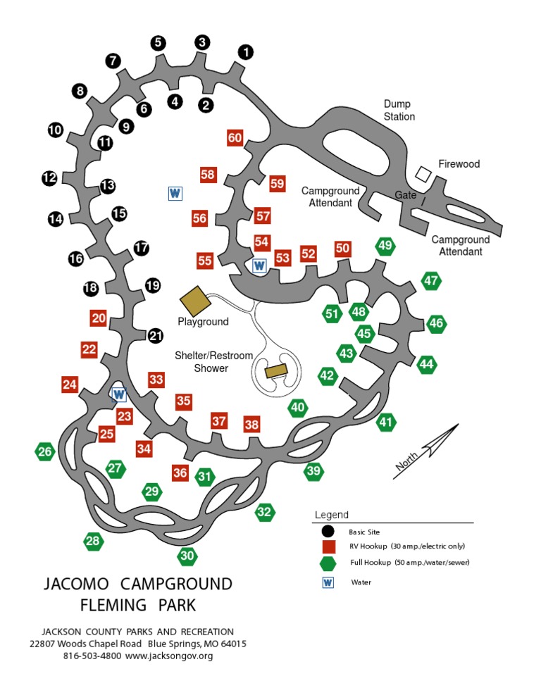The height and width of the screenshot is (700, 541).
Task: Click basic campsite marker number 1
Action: point(245,52)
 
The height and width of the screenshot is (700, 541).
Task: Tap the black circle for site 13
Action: point(107,187)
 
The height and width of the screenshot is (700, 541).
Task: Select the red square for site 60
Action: point(235,138)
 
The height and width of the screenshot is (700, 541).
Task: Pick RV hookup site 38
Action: point(251,425)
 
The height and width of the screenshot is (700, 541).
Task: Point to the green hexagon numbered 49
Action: point(385,246)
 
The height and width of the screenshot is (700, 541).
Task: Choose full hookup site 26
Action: point(45,452)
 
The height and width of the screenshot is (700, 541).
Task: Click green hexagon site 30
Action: point(187,556)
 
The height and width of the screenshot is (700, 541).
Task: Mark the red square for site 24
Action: point(69,385)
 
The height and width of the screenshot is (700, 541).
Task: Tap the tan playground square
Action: point(195,301)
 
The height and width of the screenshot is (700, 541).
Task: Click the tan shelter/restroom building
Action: point(276,370)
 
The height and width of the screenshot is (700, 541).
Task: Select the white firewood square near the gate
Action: point(423,173)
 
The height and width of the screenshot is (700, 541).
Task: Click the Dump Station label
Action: point(399,111)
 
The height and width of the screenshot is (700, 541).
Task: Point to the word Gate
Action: point(405,195)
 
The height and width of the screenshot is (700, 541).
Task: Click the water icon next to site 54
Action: point(259,265)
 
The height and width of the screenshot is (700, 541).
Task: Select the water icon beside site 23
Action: point(119,394)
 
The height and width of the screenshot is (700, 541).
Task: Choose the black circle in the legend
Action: point(328,532)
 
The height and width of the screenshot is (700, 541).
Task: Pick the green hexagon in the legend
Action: point(328,563)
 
